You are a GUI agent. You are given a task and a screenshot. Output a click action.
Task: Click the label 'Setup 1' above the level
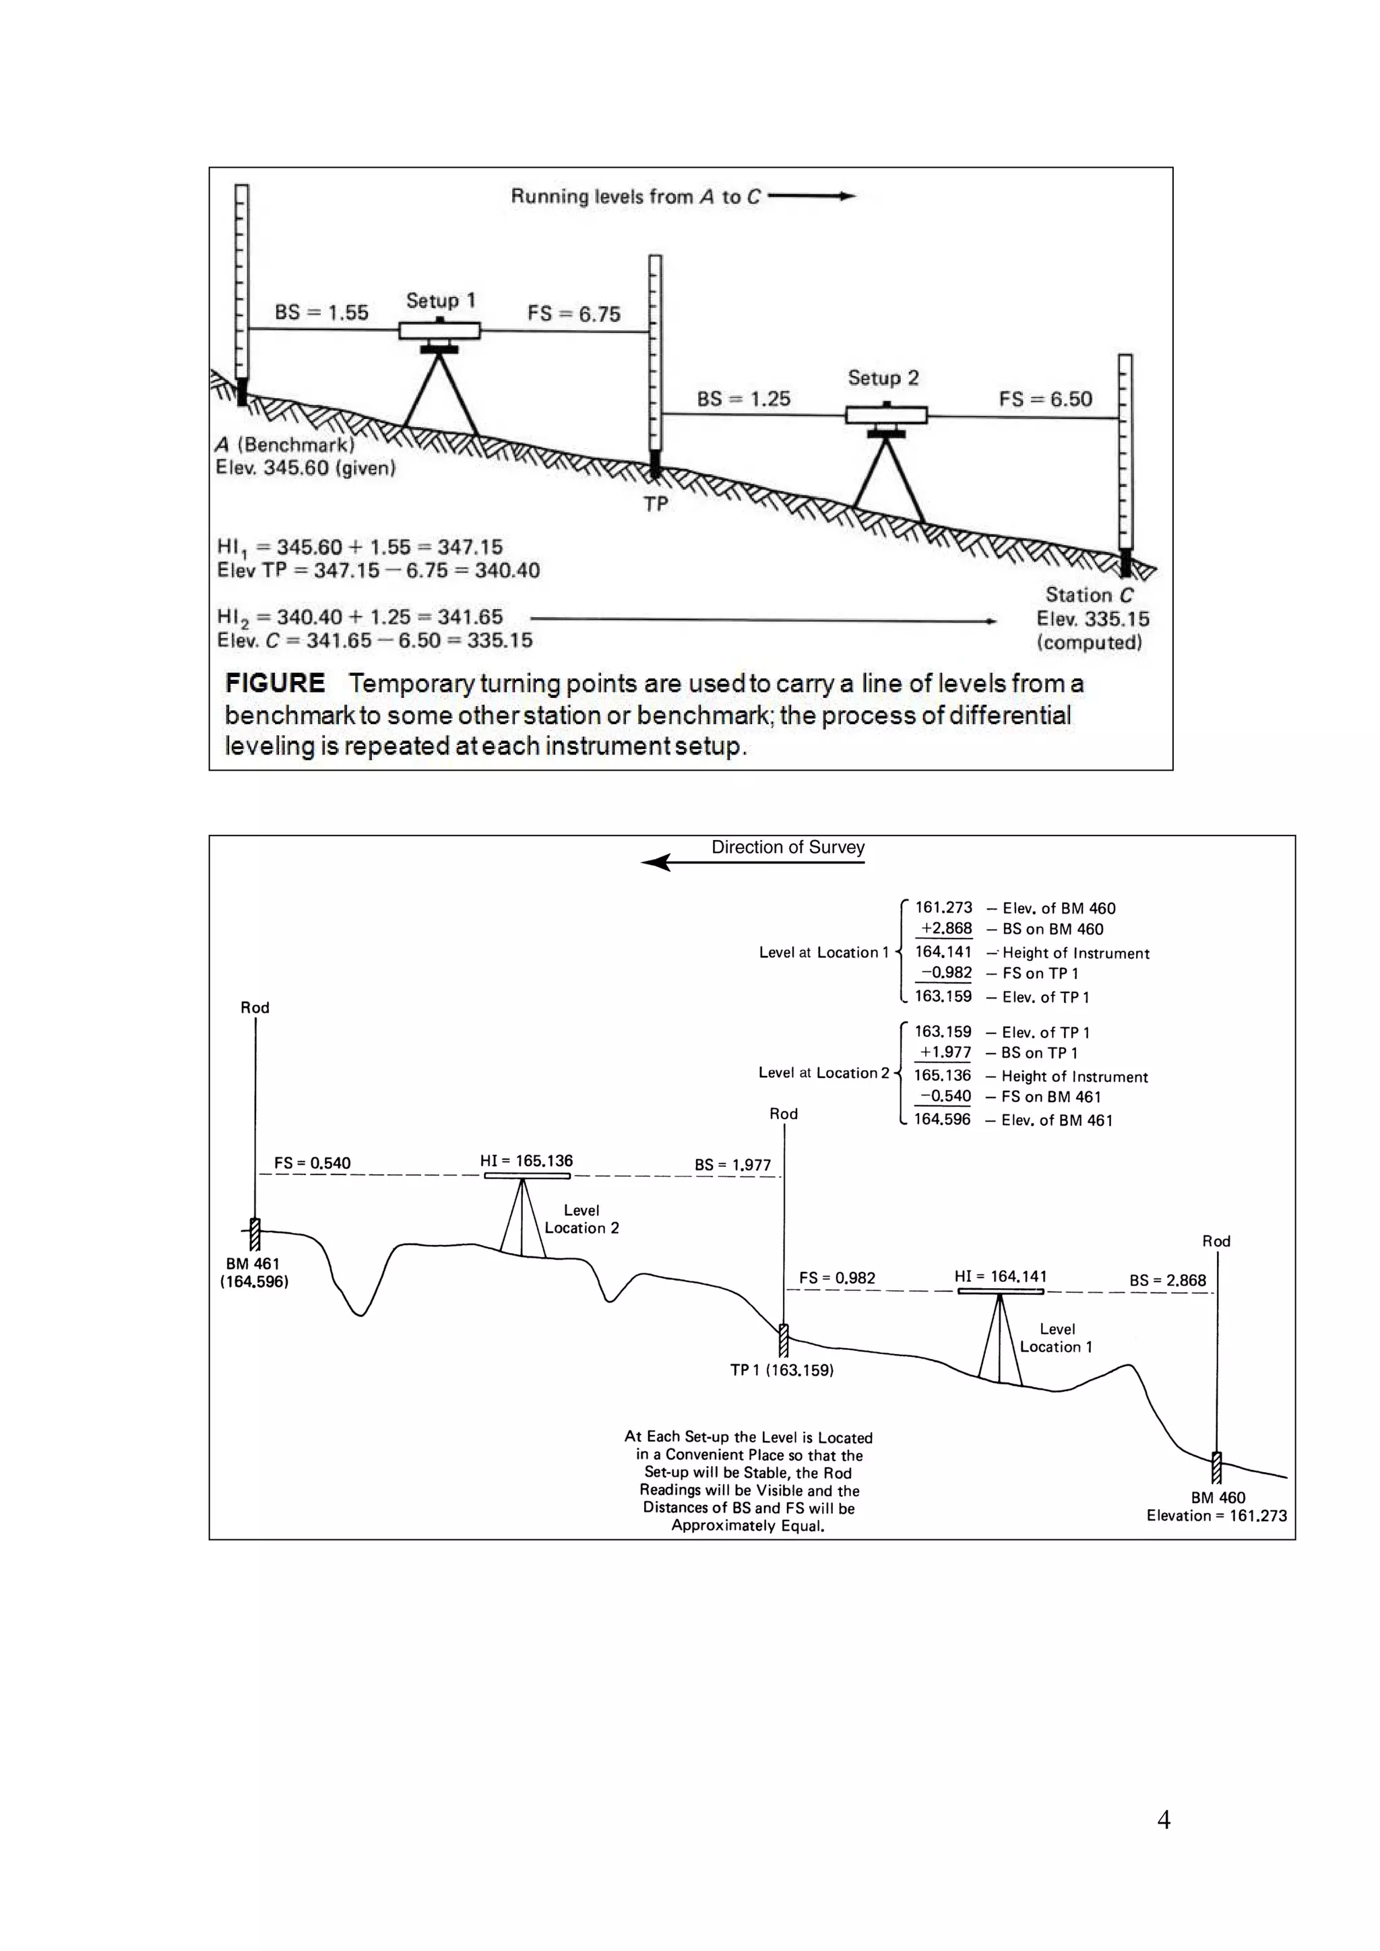click(x=440, y=301)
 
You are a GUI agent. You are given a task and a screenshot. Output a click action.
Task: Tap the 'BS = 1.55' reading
click(x=321, y=313)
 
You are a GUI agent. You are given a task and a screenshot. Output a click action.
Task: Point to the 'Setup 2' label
click(x=883, y=378)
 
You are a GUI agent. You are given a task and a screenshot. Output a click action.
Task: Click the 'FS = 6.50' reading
click(x=1045, y=399)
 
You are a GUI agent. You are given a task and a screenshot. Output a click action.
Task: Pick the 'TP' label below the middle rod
click(x=655, y=504)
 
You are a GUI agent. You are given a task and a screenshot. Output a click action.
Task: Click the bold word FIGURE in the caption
click(x=274, y=683)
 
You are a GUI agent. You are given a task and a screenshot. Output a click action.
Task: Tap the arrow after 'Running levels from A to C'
click(x=811, y=196)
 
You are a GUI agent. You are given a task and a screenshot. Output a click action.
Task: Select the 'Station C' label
click(x=1090, y=595)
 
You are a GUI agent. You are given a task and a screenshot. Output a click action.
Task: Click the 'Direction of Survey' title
click(x=788, y=847)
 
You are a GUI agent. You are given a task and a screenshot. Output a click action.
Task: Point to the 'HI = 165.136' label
click(x=526, y=1161)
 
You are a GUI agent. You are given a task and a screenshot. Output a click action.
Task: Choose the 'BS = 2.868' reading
click(x=1168, y=1280)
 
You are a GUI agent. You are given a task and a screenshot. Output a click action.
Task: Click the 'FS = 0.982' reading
click(x=837, y=1278)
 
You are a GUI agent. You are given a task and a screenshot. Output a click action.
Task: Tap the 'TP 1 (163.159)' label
click(x=782, y=1370)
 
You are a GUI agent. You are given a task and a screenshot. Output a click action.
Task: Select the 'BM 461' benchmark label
click(x=253, y=1264)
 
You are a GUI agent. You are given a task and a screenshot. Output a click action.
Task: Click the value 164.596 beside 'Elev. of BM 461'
click(x=941, y=1119)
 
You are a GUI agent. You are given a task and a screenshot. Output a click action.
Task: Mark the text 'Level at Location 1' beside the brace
click(x=823, y=953)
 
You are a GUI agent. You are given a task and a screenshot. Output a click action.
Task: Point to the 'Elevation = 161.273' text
click(x=1216, y=1515)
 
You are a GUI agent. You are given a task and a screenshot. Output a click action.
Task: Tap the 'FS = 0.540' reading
click(x=312, y=1163)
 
